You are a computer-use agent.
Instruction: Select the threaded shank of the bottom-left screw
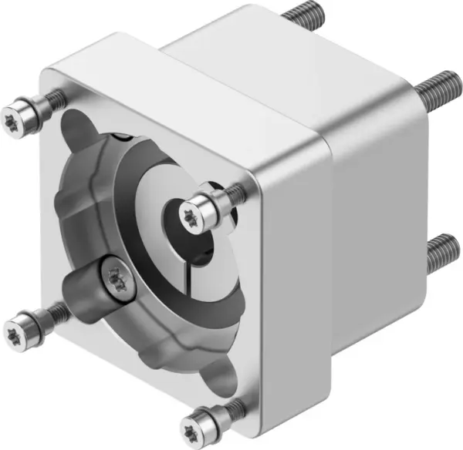tap(56, 311)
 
